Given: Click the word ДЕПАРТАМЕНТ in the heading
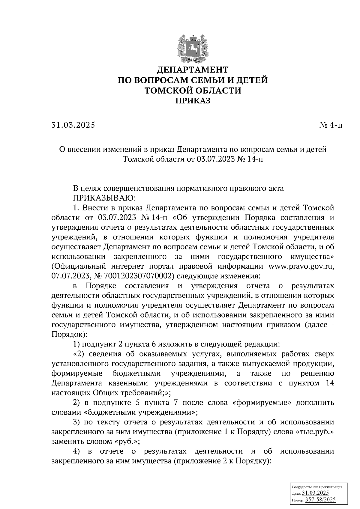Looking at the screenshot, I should [x=193, y=70].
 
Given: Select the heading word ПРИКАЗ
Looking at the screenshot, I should [x=193, y=101].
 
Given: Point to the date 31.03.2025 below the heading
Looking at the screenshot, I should [x=73, y=125].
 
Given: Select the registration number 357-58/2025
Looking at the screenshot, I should [x=320, y=500].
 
